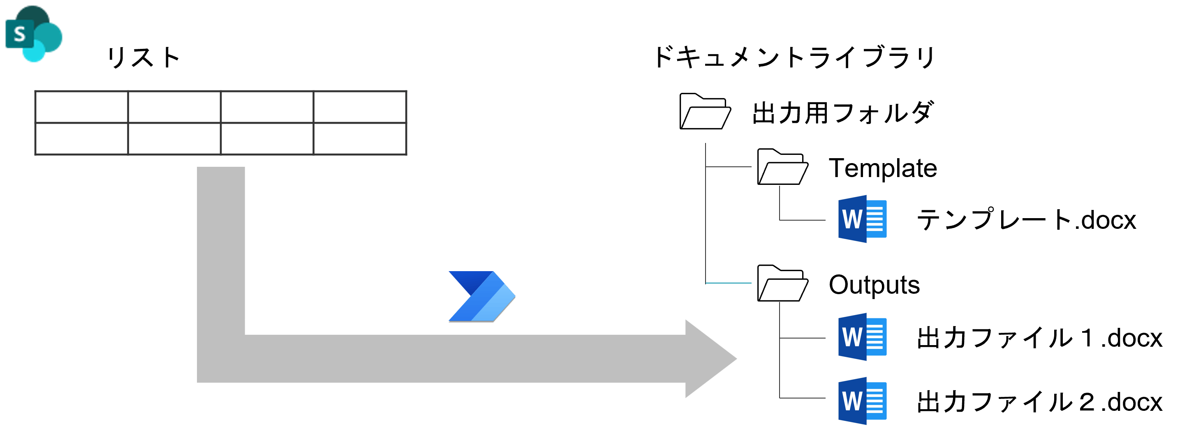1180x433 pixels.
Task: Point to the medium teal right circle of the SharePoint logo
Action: point(51,36)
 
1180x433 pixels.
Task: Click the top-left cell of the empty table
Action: point(81,107)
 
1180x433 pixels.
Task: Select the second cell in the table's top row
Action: point(174,107)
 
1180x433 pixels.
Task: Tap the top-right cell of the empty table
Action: point(360,107)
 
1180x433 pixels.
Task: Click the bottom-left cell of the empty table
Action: point(81,138)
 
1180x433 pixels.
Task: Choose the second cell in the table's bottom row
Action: point(174,138)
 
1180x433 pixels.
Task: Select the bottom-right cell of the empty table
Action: point(360,138)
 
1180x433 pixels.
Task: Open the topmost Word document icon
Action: point(862,219)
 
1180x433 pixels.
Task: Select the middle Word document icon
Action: point(862,337)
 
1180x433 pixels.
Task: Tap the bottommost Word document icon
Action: point(862,401)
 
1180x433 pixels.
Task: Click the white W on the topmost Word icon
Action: point(851,219)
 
